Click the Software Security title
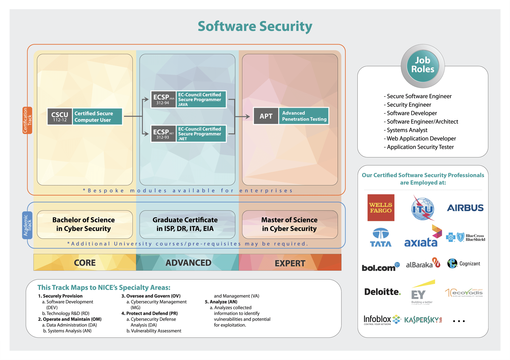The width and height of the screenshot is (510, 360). pyautogui.click(x=255, y=26)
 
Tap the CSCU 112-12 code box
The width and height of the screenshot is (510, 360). pyautogui.click(x=60, y=116)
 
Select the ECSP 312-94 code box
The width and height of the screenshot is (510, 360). pyautogui.click(x=163, y=99)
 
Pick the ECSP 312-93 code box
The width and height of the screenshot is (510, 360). pyautogui.click(x=163, y=134)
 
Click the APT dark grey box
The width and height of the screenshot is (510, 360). pyautogui.click(x=266, y=116)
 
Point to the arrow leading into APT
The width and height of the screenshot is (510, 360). pyautogui.click(x=242, y=116)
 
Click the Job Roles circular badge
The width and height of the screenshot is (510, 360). pyautogui.click(x=422, y=66)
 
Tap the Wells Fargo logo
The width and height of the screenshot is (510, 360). pyautogui.click(x=381, y=208)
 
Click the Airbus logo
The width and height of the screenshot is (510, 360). pyautogui.click(x=465, y=208)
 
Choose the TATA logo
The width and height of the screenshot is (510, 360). pyautogui.click(x=381, y=237)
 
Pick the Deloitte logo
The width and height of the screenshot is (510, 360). pyautogui.click(x=382, y=292)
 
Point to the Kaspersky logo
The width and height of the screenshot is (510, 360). pyautogui.click(x=423, y=320)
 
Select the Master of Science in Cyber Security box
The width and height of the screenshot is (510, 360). pyautogui.click(x=290, y=224)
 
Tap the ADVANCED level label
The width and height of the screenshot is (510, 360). pyautogui.click(x=188, y=263)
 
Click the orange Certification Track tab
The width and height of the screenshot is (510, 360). pyautogui.click(x=27, y=120)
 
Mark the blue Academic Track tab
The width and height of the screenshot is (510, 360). pyautogui.click(x=27, y=225)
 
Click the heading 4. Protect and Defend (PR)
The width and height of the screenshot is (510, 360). pyautogui.click(x=149, y=313)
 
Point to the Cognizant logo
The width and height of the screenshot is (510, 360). pyautogui.click(x=464, y=264)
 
